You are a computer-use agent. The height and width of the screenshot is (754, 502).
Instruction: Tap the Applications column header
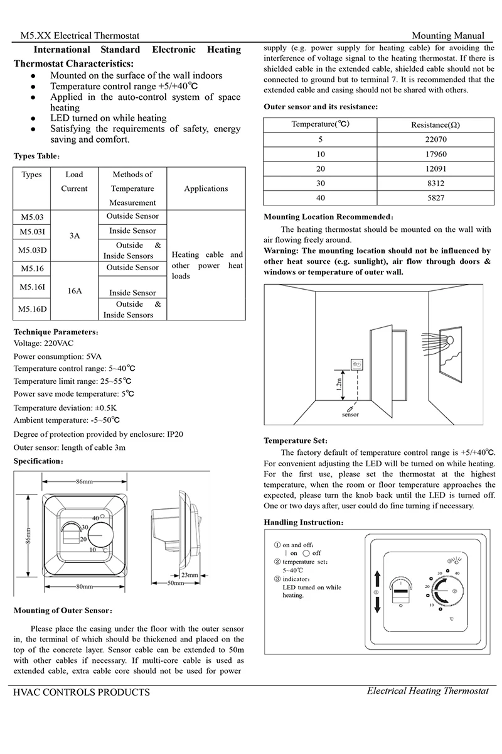206,188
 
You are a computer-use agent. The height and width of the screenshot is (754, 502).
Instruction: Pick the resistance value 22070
435,139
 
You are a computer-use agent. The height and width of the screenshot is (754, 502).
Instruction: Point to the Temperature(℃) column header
321,124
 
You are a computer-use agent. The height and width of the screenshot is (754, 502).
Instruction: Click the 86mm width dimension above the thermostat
85,481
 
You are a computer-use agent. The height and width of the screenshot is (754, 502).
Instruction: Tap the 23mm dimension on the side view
190,574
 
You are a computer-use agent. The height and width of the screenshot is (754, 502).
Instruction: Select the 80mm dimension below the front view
85,586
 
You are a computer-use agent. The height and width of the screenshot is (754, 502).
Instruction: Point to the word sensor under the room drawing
351,415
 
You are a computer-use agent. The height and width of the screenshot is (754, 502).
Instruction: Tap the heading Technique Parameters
55,331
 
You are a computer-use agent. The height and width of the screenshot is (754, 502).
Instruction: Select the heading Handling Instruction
303,522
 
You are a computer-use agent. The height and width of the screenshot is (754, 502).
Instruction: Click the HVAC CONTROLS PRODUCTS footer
82,692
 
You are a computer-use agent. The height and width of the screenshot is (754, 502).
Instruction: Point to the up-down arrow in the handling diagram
377,592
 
